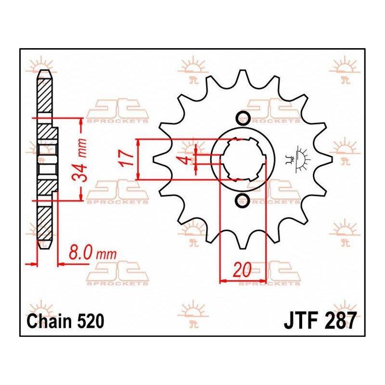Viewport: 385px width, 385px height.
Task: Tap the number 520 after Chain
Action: [x=90, y=321]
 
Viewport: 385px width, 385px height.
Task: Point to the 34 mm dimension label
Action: [x=80, y=160]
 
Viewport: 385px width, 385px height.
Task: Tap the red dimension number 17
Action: [x=127, y=159]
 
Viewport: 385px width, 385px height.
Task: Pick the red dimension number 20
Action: [x=243, y=269]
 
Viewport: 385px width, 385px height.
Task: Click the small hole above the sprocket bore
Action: [x=243, y=119]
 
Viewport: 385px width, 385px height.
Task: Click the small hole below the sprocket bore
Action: [x=243, y=200]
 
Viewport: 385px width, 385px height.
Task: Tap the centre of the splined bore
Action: [x=243, y=159]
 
